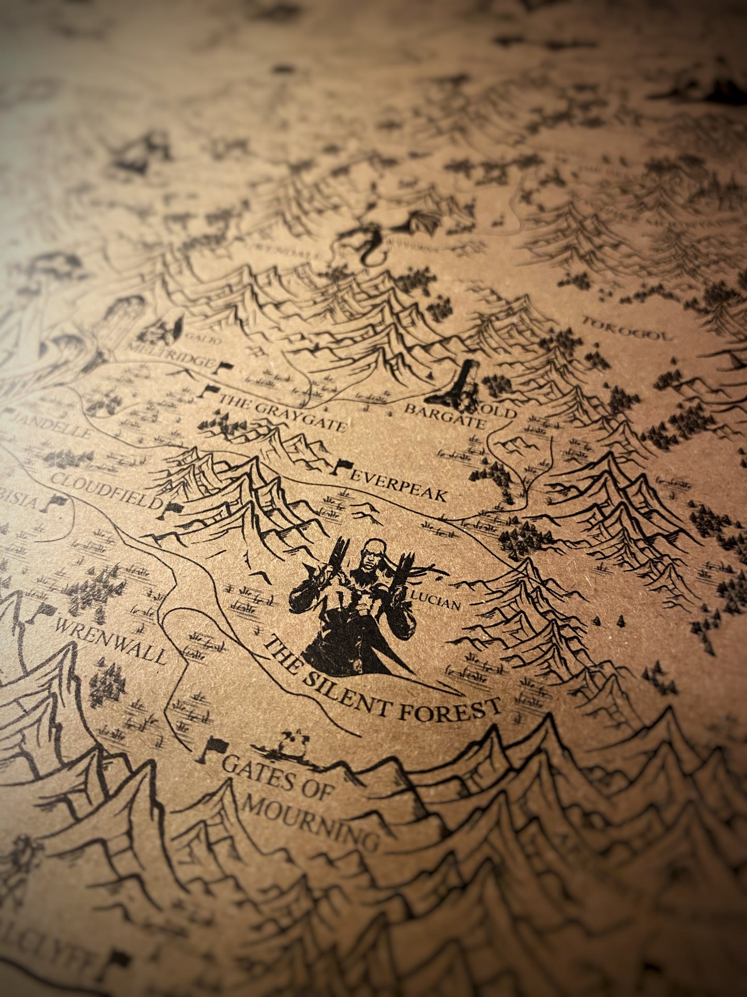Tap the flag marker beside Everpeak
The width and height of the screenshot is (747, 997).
pos(341,467)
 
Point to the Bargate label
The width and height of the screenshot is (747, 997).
pos(445,417)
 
